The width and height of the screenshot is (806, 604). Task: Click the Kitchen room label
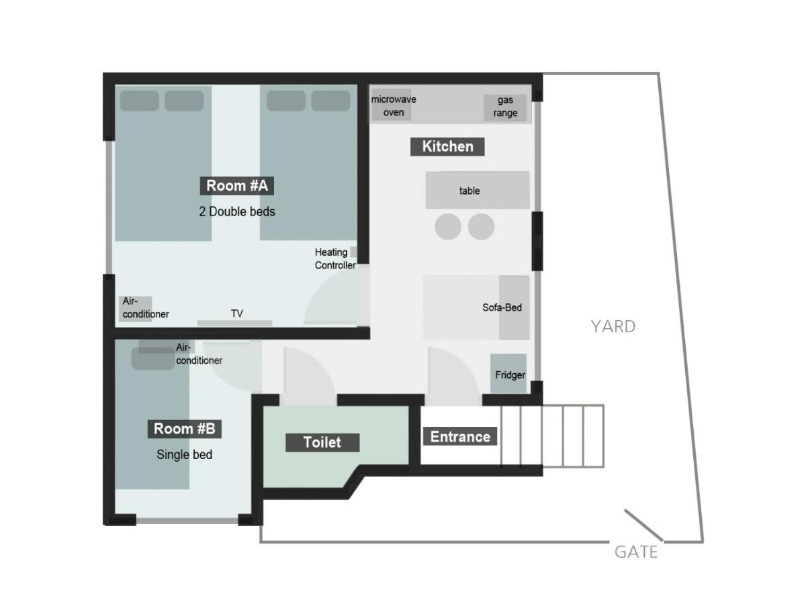pyautogui.click(x=447, y=146)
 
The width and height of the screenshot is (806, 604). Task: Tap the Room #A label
pyautogui.click(x=236, y=186)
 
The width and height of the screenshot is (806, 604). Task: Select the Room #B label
pyautogui.click(x=184, y=429)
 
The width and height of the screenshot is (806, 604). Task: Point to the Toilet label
pyautogui.click(x=322, y=442)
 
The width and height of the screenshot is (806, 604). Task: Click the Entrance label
pyautogui.click(x=459, y=436)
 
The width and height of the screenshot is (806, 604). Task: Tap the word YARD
pyautogui.click(x=613, y=326)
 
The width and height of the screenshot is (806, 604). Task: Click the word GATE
pyautogui.click(x=636, y=552)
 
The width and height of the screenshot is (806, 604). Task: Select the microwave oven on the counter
pyautogui.click(x=392, y=105)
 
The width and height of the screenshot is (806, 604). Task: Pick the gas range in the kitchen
pyautogui.click(x=505, y=107)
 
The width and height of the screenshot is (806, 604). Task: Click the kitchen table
pyautogui.click(x=478, y=190)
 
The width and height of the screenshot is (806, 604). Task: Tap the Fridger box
pyautogui.click(x=508, y=373)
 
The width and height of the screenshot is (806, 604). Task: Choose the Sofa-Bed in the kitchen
pyautogui.click(x=476, y=307)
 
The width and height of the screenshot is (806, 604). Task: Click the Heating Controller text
pyautogui.click(x=335, y=258)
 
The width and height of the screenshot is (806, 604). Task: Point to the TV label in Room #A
pyautogui.click(x=237, y=313)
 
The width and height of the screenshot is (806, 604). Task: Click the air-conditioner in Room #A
pyautogui.click(x=135, y=309)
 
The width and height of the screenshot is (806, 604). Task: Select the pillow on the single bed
pyautogui.click(x=152, y=358)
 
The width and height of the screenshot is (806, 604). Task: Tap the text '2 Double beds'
pyautogui.click(x=237, y=211)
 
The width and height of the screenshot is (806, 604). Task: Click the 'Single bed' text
pyautogui.click(x=184, y=455)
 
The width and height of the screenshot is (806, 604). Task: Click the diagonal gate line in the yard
pyautogui.click(x=643, y=525)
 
